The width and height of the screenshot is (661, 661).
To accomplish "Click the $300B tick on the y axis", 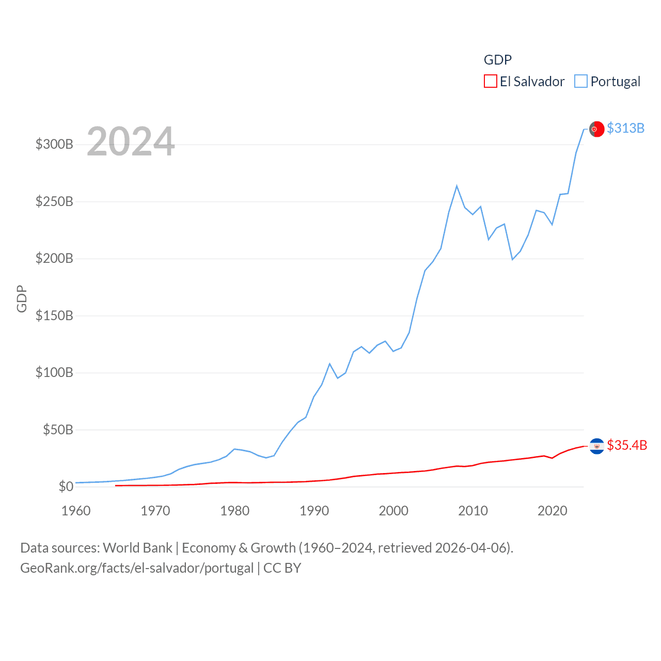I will click(x=54, y=144).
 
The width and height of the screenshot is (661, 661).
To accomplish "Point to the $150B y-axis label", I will click(x=54, y=316).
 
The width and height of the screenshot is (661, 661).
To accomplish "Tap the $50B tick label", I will click(x=58, y=430).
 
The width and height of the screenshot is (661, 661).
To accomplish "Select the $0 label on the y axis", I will click(x=66, y=486).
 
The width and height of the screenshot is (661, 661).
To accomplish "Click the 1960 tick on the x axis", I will click(x=76, y=511).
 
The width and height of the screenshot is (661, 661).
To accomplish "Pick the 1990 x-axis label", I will click(x=314, y=511).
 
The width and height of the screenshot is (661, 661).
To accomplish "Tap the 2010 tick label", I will click(x=473, y=511).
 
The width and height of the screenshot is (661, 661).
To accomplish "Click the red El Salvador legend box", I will click(x=490, y=82).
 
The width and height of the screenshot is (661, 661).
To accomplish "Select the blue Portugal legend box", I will click(x=581, y=82).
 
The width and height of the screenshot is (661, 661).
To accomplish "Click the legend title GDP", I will click(x=497, y=60).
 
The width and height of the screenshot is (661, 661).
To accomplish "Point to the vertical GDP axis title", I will click(x=22, y=298).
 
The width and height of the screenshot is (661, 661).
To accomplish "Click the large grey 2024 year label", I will click(x=131, y=141).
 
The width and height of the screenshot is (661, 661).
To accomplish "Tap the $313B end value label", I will click(x=625, y=128).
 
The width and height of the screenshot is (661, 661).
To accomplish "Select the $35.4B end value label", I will click(x=627, y=445).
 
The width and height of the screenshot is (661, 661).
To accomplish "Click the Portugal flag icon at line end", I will click(x=596, y=129).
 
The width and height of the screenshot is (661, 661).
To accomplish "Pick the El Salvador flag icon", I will click(x=596, y=446).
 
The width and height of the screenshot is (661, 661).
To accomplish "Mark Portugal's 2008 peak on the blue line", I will click(x=457, y=186).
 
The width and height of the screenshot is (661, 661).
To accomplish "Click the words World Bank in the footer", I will click(x=137, y=547).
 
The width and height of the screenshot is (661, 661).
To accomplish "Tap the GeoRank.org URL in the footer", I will click(x=137, y=568).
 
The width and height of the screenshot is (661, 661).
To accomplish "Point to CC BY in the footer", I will click(x=282, y=568).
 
